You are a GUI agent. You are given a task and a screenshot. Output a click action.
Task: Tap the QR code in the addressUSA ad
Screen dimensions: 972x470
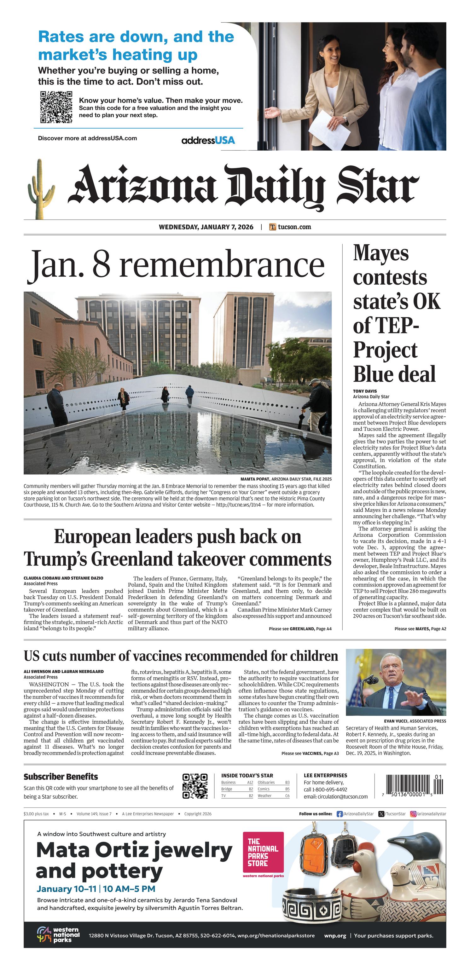point(56,107)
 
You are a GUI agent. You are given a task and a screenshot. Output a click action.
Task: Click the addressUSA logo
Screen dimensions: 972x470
point(208,140)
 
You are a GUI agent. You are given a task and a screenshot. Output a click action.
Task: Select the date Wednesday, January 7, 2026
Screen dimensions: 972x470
point(206,227)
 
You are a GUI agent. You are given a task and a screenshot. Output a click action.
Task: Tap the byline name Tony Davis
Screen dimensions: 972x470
point(365,391)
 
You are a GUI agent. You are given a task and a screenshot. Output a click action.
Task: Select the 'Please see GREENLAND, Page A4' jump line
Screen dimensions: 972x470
point(300,629)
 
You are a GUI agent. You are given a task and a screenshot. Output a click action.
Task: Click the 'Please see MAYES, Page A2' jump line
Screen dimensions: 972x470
point(420,629)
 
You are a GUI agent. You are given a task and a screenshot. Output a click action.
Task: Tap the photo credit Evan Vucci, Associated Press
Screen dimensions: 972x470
point(415,721)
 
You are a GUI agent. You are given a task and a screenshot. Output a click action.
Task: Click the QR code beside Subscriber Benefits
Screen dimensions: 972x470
point(195,786)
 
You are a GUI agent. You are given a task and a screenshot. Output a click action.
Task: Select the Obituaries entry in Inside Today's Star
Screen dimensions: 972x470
point(266,782)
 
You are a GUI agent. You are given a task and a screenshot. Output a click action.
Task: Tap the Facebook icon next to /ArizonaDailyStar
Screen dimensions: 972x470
point(339,814)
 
